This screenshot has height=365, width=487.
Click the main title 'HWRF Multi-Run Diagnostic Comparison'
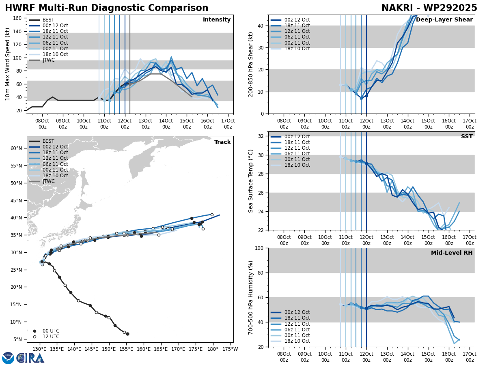coord(106,8)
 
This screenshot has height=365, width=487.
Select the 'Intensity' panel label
coord(217,20)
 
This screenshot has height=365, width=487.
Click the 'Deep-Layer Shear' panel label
coord(444,20)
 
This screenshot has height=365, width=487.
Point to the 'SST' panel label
coord(467,137)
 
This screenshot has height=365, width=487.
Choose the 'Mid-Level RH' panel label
coord(452,253)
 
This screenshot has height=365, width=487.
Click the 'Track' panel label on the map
coord(222,142)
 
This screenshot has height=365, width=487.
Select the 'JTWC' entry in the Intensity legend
coord(48,60)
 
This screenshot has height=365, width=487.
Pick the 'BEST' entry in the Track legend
coord(48,141)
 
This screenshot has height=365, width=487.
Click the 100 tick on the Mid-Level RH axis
coord(260,248)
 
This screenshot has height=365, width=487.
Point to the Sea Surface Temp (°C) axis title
coord(251,181)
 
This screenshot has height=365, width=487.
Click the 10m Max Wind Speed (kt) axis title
coord(8,64)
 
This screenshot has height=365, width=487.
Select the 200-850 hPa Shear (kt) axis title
coord(251,64)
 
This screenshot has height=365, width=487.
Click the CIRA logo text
coord(31,358)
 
